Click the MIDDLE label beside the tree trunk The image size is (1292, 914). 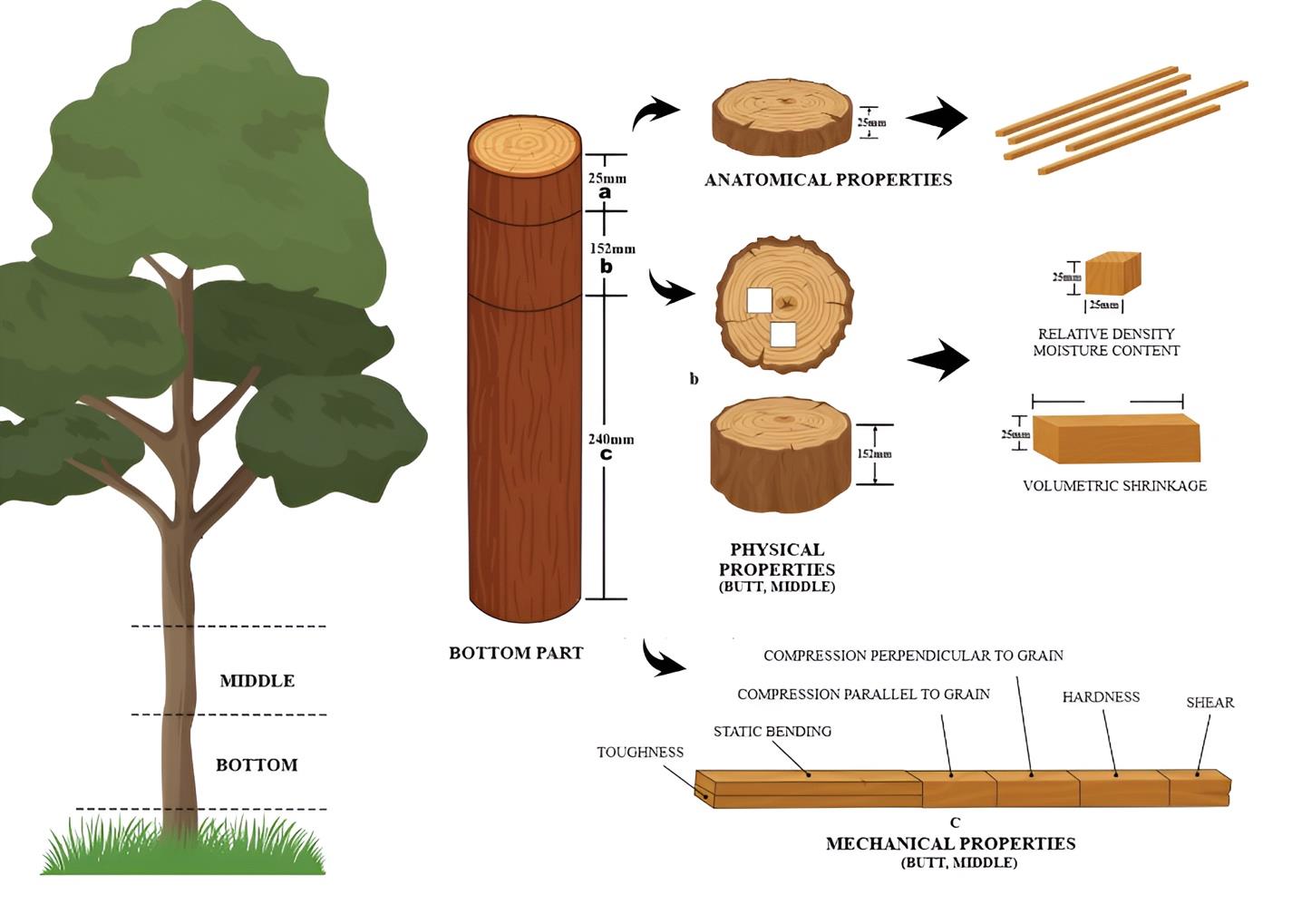[257, 681]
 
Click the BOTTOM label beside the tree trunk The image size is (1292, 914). [257, 765]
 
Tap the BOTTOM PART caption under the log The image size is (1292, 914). [516, 653]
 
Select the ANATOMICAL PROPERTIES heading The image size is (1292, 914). [828, 180]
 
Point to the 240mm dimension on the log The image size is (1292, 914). [610, 440]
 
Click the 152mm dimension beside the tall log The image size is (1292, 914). [612, 248]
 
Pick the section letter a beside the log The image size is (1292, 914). [605, 193]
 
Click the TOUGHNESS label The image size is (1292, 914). [640, 753]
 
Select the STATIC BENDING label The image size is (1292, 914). [772, 732]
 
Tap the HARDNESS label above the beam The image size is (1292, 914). [1101, 697]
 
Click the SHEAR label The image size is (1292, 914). [1209, 703]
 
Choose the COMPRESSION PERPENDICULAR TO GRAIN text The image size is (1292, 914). [913, 656]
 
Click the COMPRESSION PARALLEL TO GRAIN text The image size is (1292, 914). [863, 695]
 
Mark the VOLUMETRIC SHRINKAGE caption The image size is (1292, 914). [1114, 486]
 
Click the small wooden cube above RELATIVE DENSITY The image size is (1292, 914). [1112, 274]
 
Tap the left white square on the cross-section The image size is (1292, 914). [758, 300]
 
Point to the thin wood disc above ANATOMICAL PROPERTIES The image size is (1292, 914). [781, 117]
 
